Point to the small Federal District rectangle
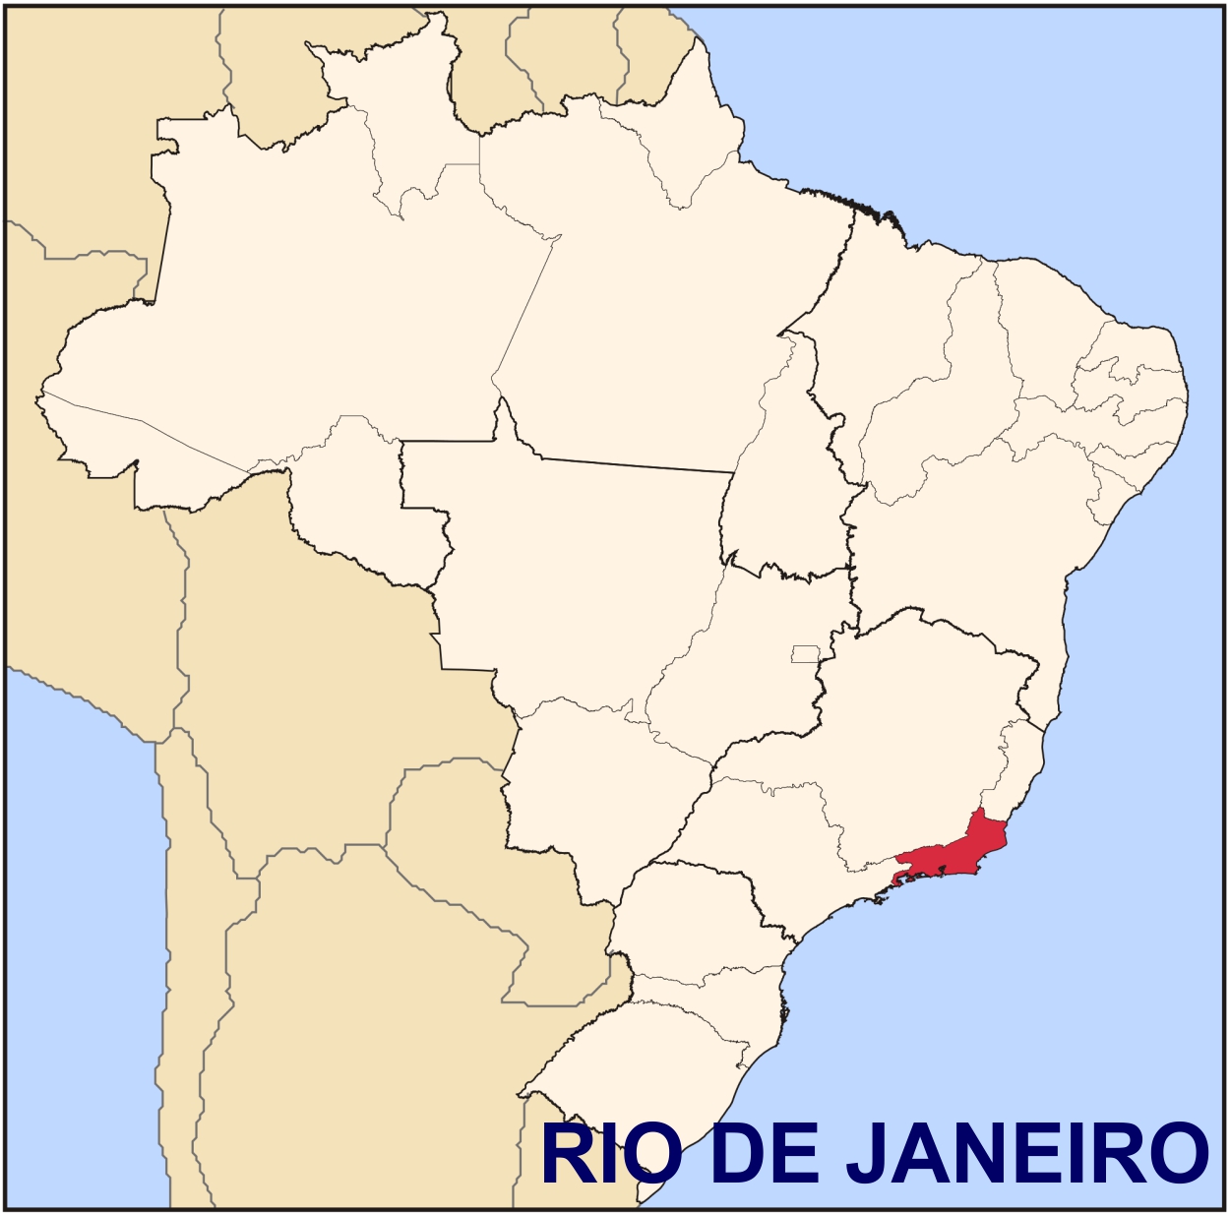click(x=805, y=653)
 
